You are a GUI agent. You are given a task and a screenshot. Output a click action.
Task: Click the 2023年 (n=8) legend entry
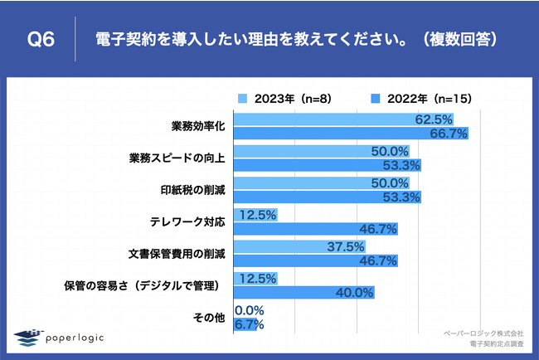287,98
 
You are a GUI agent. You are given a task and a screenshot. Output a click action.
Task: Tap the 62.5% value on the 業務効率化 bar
434,119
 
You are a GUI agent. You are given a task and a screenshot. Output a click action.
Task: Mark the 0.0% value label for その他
250,311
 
